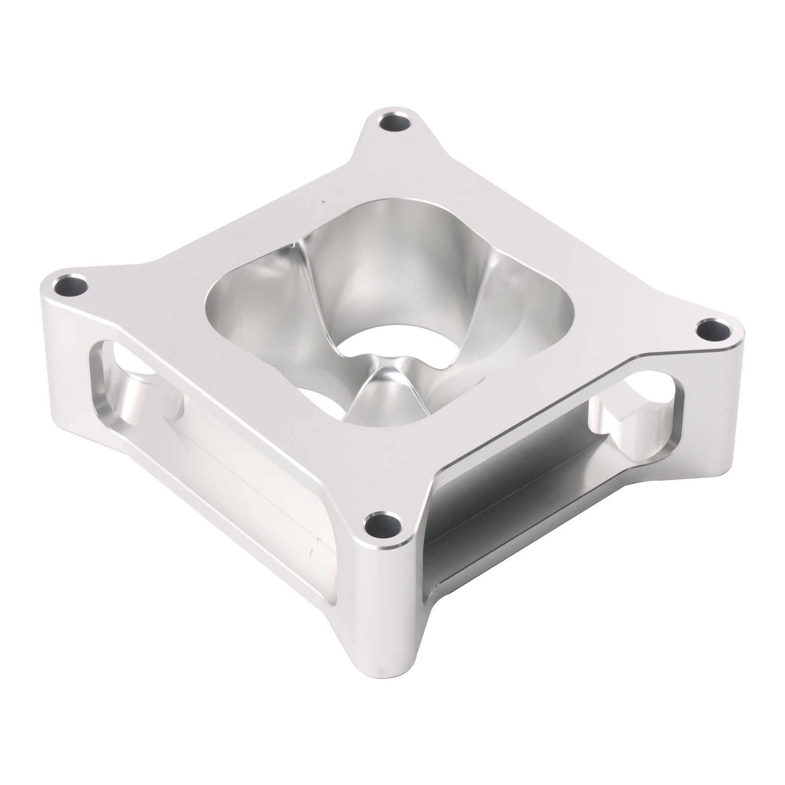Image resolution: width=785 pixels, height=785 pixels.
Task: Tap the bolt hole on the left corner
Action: (72, 285)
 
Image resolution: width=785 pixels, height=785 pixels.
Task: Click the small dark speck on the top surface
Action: (322, 201)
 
